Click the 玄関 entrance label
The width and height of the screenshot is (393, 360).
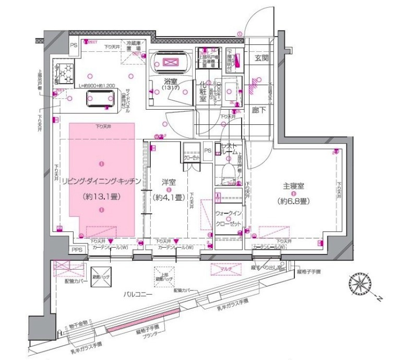pyautogui.click(x=261, y=59)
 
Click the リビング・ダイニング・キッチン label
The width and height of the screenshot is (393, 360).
pyautogui.click(x=101, y=181)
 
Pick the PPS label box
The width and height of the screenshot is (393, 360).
pyautogui.click(x=77, y=250)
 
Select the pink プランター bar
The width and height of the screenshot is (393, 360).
pyautogui.click(x=144, y=321)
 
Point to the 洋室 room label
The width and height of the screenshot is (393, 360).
pyautogui.click(x=168, y=183)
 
